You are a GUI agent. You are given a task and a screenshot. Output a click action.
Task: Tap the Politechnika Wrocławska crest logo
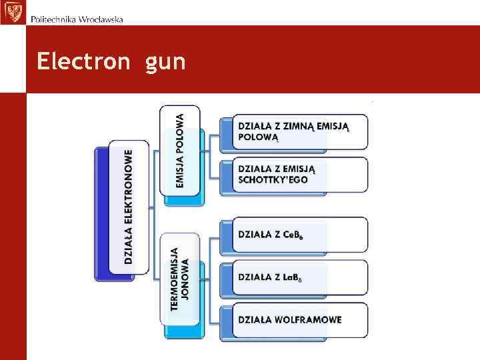tap(13, 12)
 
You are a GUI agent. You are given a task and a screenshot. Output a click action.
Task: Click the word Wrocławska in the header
tap(100, 19)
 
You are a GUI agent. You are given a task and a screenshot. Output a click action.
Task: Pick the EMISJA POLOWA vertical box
tap(179, 150)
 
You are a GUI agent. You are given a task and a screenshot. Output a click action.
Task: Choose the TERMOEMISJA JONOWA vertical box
tap(179, 279)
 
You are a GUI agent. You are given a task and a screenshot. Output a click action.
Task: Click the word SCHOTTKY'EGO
tap(274, 180)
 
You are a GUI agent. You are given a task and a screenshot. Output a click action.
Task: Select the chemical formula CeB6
tap(291, 235)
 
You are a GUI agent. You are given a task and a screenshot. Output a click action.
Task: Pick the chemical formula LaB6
tap(291, 277)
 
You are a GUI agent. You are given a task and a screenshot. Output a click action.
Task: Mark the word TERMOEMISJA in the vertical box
tap(175, 279)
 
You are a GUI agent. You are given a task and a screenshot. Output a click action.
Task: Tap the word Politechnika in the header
tap(53, 19)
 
